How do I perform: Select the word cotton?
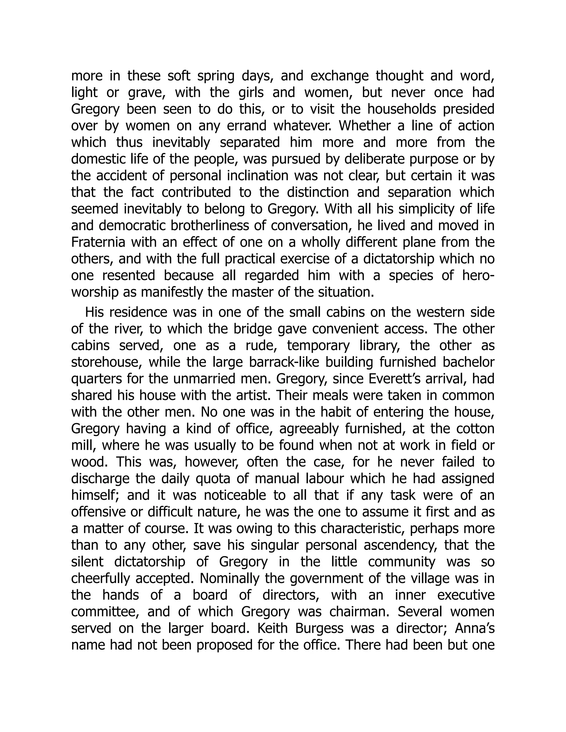[475, 429]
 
